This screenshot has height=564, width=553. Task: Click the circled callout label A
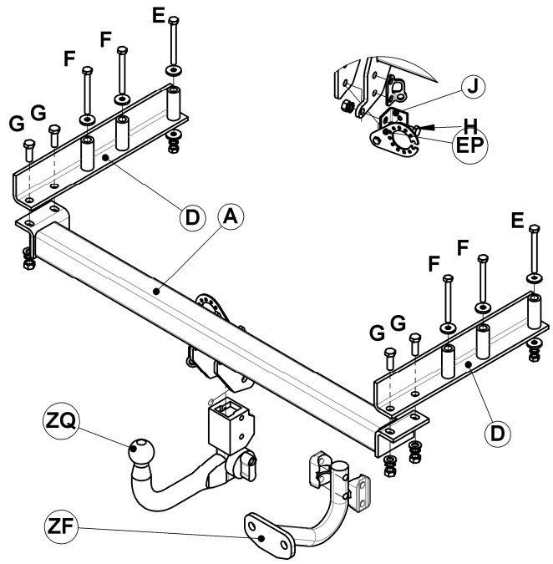coord(231,217)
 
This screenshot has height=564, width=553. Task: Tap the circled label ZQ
coord(61,421)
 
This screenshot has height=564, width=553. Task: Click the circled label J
coord(473,87)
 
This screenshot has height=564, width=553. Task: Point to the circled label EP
coord(469,145)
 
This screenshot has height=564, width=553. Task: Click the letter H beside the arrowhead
coord(470,126)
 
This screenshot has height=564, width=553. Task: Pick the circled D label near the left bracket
coord(193,217)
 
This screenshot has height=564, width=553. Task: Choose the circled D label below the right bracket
coord(498,434)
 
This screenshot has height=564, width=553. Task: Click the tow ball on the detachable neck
coord(141,451)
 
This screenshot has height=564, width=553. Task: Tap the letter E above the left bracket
coord(159,16)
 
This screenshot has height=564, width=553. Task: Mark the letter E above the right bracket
coord(517,221)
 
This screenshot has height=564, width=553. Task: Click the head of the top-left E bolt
coord(174,20)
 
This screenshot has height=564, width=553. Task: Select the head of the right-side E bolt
coord(535,228)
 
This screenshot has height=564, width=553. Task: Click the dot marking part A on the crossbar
coord(156,292)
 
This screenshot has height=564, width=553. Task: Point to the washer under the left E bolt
coord(174,70)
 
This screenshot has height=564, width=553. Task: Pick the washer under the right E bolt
coord(535,278)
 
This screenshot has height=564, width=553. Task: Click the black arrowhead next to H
coord(426,127)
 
